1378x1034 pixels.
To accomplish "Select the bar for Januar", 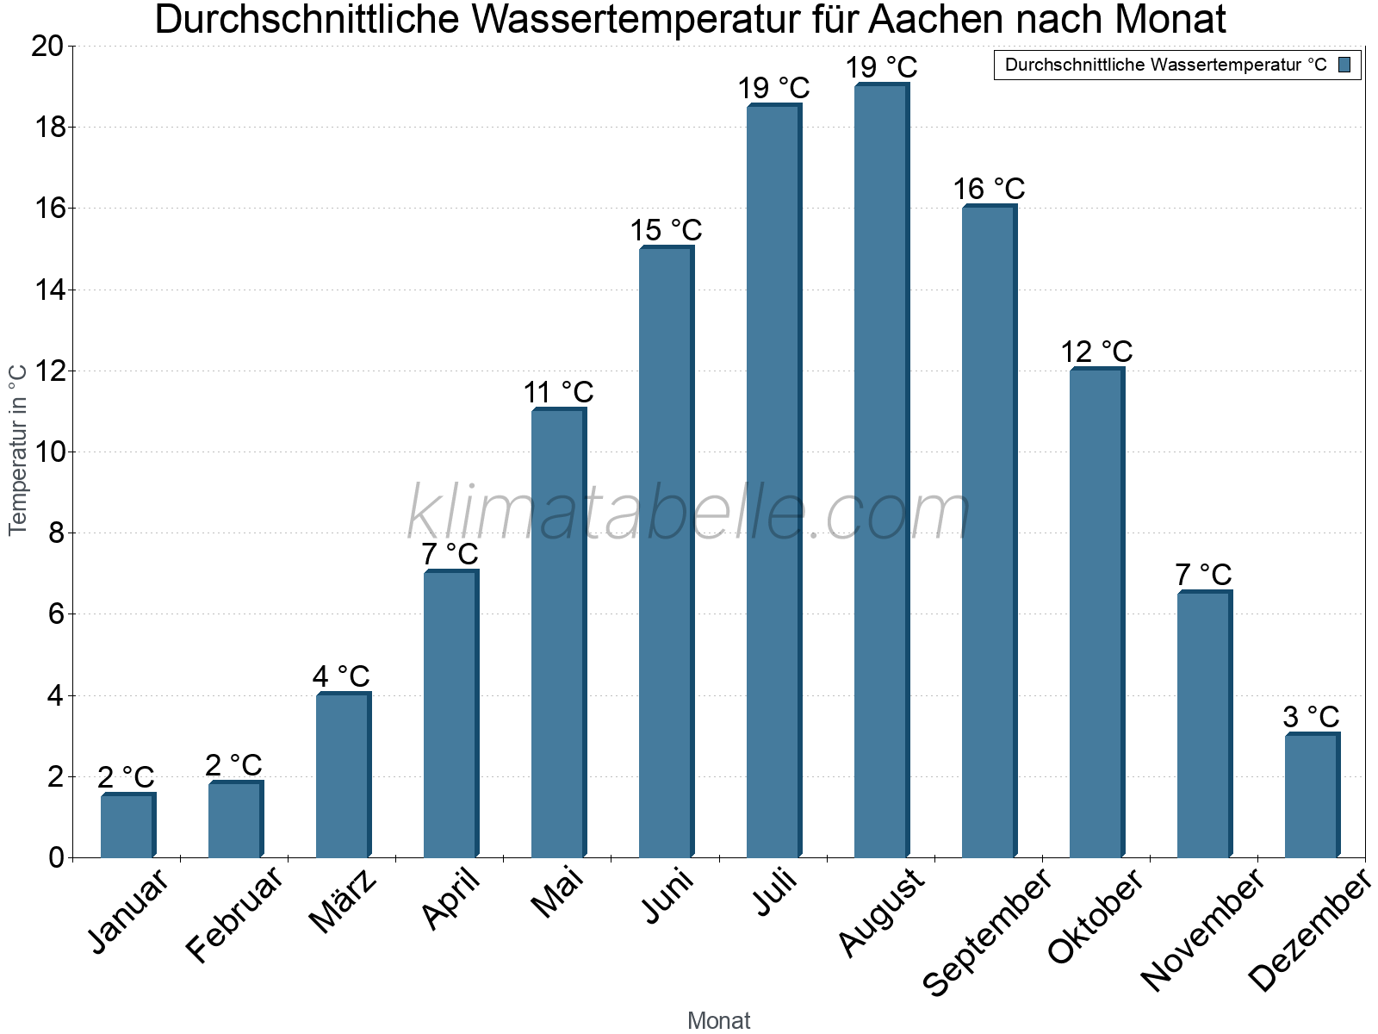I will point(127,825).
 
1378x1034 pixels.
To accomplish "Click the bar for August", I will point(881,471).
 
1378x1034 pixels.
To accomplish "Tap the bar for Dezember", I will point(1312,795).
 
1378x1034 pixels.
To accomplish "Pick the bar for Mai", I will point(558,633).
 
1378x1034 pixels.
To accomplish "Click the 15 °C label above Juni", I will point(666,231).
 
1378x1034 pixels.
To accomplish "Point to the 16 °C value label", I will point(989,189).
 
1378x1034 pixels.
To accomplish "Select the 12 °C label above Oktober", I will point(1096,352).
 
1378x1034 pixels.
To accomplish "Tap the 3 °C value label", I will point(1311,717).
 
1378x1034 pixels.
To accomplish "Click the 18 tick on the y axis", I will point(48,128).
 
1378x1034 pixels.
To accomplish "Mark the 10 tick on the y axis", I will point(48,452).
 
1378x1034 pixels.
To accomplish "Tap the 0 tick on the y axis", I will point(57,857).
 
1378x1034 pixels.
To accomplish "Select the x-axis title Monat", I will point(718,1020).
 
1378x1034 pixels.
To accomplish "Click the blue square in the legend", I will point(1344,65).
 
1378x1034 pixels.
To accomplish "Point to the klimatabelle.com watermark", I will point(688,513).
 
